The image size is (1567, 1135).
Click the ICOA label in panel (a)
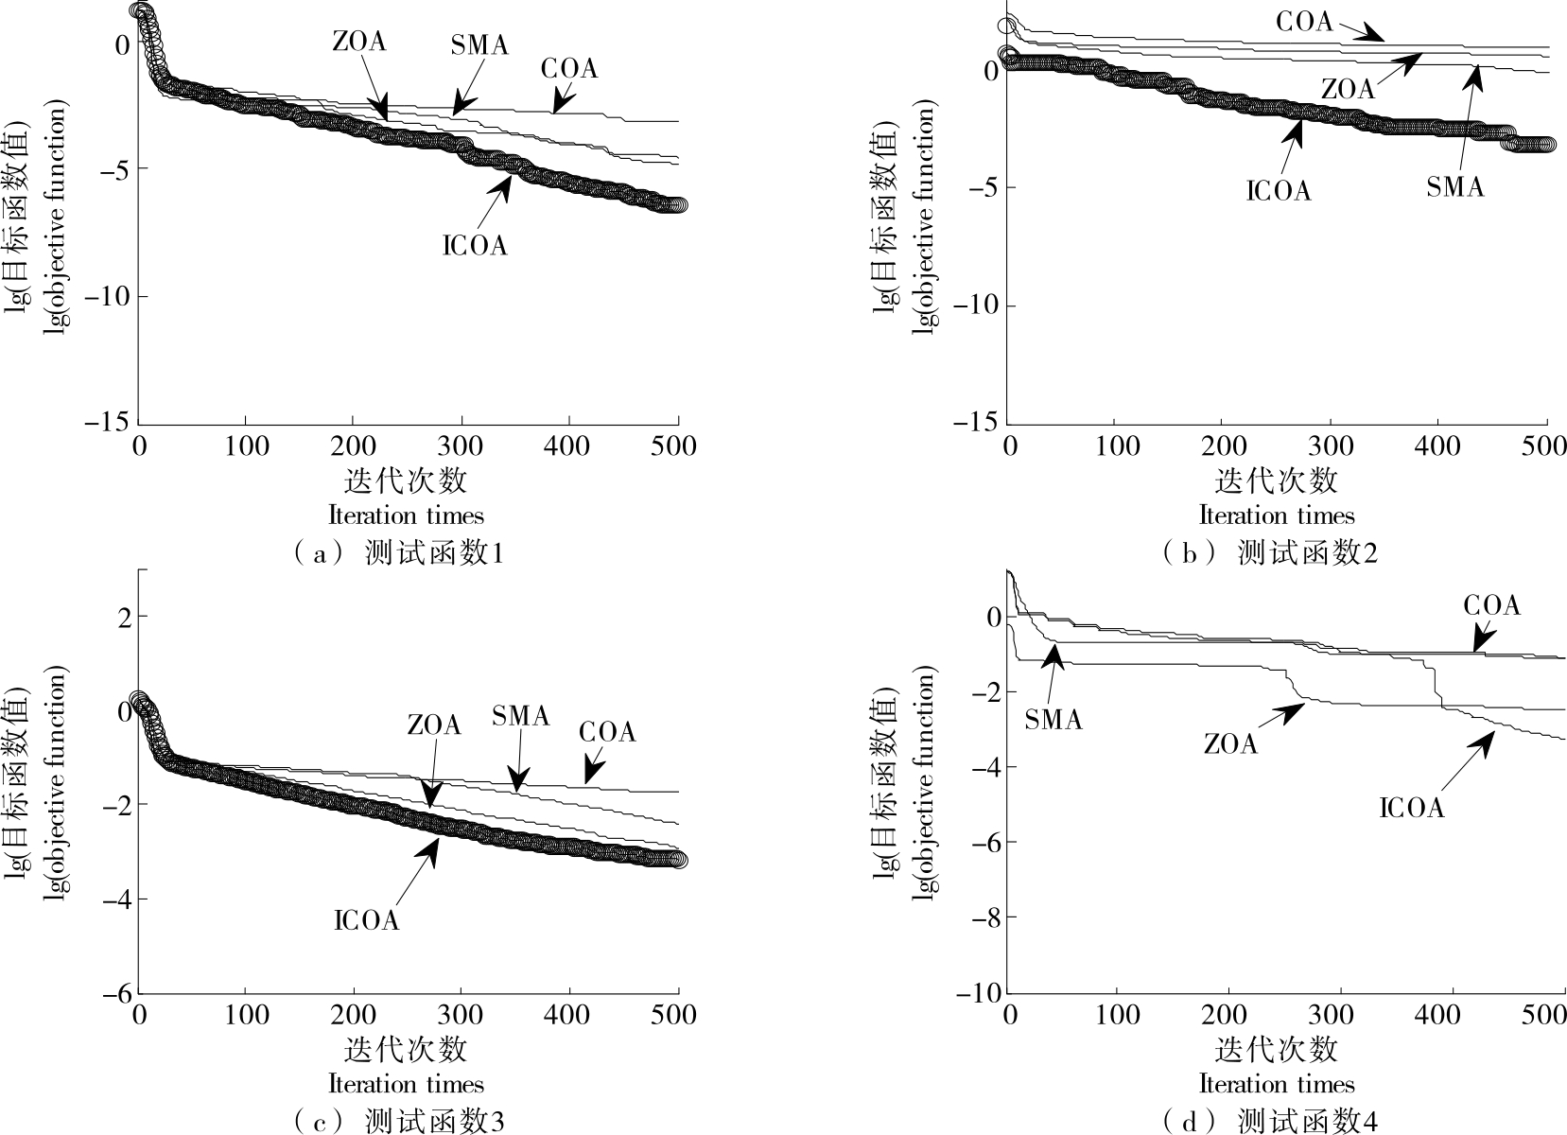tap(475, 246)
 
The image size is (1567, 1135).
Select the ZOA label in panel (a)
tap(359, 42)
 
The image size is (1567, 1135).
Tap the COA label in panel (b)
tap(1304, 21)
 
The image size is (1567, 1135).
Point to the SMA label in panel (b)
tap(1454, 187)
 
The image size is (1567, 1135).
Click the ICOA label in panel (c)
tap(367, 920)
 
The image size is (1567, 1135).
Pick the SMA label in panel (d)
tap(1053, 721)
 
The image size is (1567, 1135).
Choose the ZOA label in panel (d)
tap(1230, 745)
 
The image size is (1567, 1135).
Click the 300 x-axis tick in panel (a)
tap(461, 445)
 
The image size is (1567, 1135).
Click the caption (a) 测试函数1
tap(397, 553)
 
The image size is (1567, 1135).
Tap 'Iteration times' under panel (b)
tap(1277, 515)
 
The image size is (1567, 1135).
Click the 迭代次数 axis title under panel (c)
tap(406, 1050)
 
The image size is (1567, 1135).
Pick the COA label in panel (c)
tap(607, 732)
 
